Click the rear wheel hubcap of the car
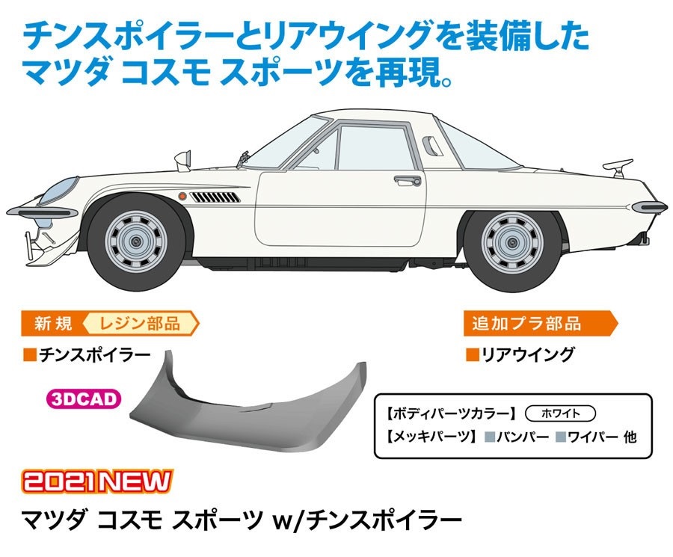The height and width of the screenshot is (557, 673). coord(512,243)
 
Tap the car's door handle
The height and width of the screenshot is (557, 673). coord(408,180)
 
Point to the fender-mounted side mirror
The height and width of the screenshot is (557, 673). coord(183,161)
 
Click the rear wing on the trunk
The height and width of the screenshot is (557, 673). coord(618,167)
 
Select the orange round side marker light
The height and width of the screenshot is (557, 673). coord(182,197)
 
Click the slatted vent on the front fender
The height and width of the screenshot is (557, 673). coord(215,197)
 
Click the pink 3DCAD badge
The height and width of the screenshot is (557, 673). coord(84,399)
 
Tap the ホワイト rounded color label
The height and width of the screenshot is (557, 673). coord(561,413)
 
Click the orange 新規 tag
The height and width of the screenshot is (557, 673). coord(53,324)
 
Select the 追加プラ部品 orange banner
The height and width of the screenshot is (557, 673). coord(541,324)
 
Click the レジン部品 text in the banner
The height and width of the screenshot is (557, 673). coord(140,324)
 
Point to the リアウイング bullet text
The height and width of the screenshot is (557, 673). coord(527,354)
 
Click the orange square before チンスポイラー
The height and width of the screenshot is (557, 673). coord(31,355)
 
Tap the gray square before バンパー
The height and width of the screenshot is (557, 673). coord(490,437)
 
